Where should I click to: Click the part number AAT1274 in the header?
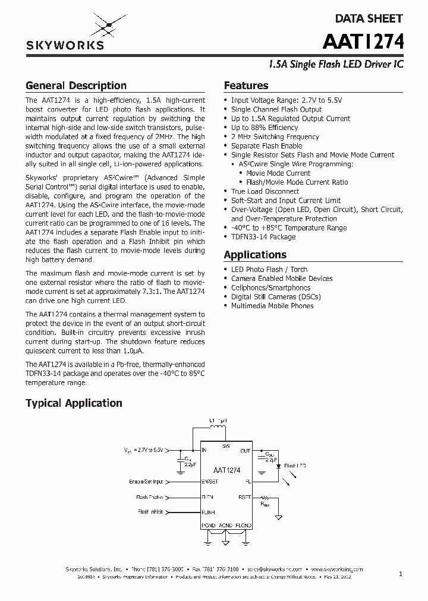(364, 42)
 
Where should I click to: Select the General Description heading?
(75, 86)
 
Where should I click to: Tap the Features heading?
(246, 86)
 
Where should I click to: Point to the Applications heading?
(255, 255)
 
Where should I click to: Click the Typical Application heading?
(74, 403)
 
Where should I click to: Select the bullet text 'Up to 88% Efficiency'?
(265, 128)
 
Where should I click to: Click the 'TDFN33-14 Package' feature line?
(263, 237)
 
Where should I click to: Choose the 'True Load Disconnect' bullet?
(265, 191)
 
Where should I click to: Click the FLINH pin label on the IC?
(209, 511)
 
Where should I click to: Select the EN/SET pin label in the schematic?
(210, 482)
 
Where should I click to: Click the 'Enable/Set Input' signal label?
(149, 482)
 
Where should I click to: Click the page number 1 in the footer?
(400, 574)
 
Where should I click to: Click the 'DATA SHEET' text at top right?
(369, 18)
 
